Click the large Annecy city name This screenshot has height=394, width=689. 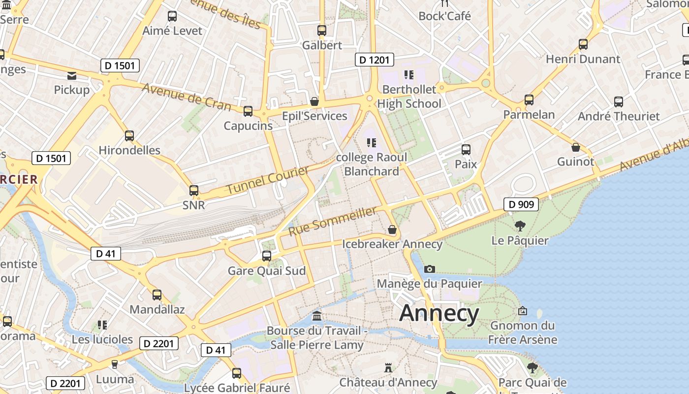(439, 313)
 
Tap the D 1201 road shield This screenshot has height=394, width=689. (374, 60)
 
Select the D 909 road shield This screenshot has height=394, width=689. (521, 204)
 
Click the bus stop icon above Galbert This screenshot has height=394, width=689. (322, 31)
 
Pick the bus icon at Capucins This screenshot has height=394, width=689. (248, 111)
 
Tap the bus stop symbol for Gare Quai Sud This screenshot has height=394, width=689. (267, 256)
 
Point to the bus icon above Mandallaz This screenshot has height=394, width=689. (157, 295)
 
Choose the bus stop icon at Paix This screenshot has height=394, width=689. (466, 150)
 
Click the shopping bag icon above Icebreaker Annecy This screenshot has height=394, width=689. (392, 230)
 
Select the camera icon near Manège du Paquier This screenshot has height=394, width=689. (430, 269)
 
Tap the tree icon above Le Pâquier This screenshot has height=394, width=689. (520, 226)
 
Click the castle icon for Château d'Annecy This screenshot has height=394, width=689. (388, 368)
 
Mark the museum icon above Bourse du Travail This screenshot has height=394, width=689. (317, 316)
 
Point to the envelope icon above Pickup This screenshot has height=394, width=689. (72, 76)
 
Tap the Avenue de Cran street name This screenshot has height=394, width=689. (187, 96)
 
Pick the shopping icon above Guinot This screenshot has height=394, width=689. (575, 147)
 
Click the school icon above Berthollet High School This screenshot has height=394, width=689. (408, 75)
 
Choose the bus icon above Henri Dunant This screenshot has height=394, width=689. (583, 44)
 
